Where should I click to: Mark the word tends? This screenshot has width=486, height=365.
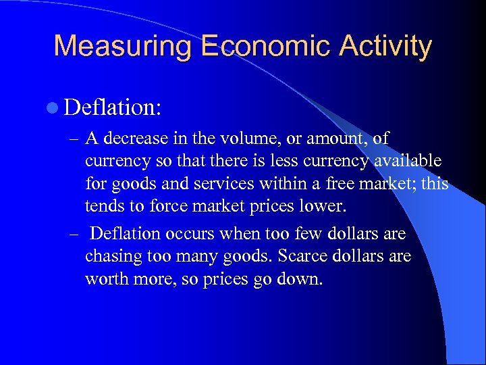pyautogui.click(x=103, y=205)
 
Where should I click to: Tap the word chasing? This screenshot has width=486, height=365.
pyautogui.click(x=109, y=257)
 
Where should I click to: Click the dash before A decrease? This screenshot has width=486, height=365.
pyautogui.click(x=74, y=139)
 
